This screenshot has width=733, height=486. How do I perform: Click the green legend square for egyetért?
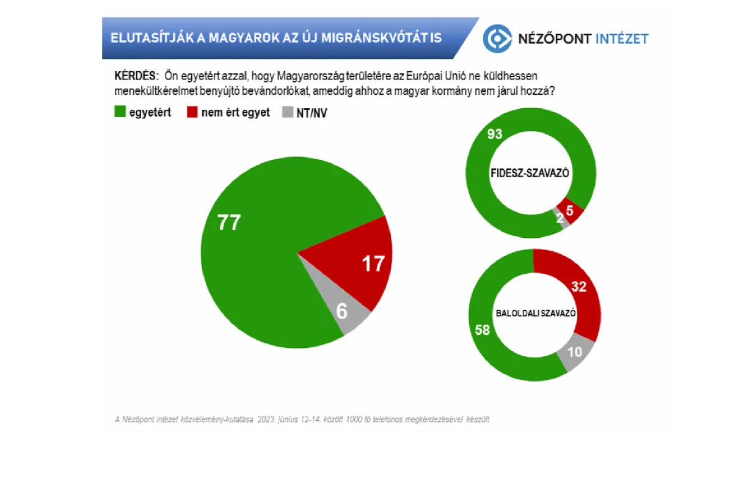120,112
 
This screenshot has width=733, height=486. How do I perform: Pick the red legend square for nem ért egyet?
191,112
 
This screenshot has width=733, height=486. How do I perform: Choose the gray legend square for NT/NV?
288,112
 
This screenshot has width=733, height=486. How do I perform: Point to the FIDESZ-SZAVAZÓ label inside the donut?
530,173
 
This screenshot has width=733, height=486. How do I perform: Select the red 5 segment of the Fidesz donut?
570,210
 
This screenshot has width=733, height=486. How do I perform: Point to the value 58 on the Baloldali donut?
483,330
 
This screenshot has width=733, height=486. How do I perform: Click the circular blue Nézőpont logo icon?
497,39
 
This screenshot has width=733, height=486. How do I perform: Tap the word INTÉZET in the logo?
622,39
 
